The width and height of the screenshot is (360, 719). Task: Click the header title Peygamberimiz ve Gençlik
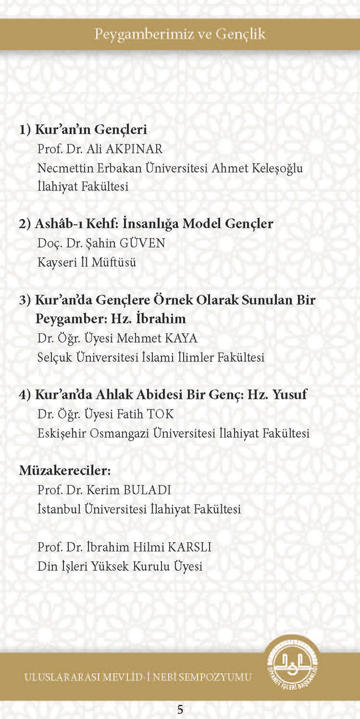point(180,34)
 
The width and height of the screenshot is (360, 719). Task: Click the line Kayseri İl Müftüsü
point(87,262)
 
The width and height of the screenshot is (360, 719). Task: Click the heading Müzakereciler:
point(65,470)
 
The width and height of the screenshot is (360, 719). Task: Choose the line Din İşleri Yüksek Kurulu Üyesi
point(120,566)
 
